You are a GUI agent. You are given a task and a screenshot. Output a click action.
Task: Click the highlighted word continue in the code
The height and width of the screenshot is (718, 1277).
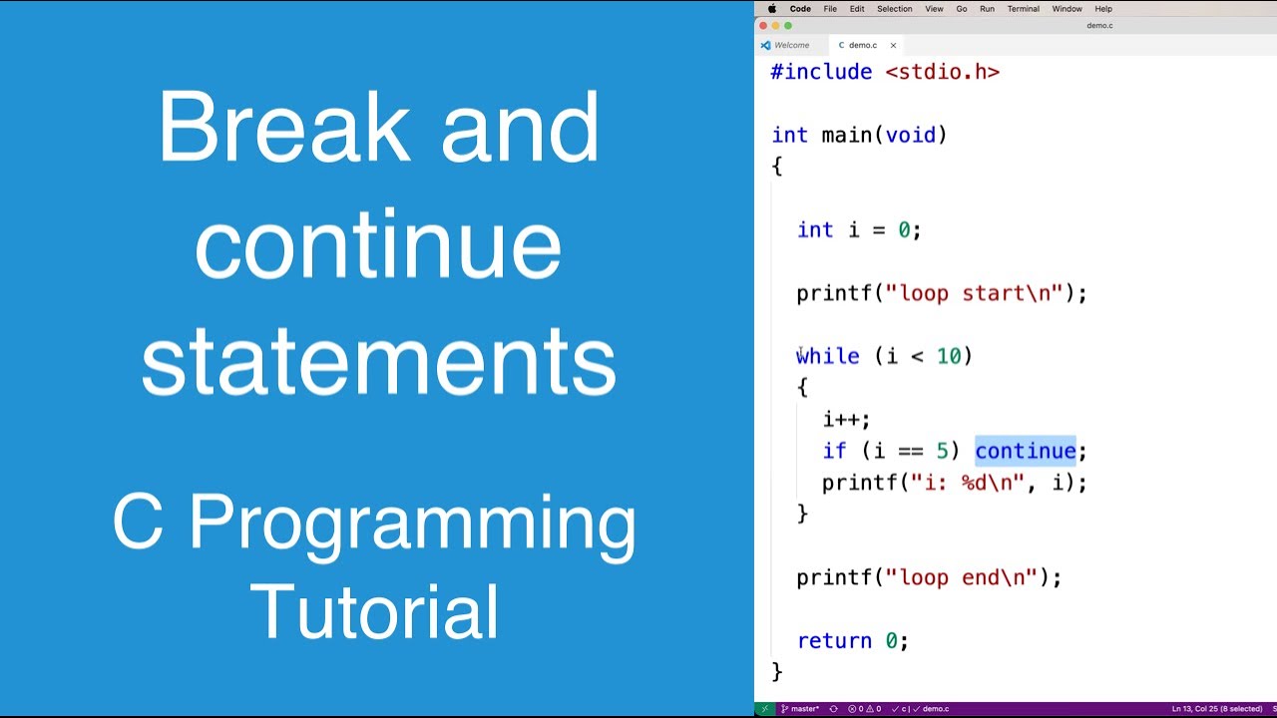coord(1025,451)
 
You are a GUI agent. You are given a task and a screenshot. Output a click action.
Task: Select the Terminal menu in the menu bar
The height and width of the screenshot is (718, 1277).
coord(1023,9)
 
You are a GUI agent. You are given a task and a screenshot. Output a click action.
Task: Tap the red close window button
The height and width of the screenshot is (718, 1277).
coord(763,26)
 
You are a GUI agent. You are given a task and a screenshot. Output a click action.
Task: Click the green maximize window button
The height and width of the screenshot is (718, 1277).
coord(788,26)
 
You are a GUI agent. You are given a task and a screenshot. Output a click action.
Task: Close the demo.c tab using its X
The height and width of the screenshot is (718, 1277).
coord(893,45)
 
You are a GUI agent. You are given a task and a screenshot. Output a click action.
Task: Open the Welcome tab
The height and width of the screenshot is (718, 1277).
coord(791,45)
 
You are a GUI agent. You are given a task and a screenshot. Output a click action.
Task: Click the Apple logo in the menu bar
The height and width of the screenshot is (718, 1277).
coord(772,9)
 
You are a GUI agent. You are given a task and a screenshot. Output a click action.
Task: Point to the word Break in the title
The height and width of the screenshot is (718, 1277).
coord(284,127)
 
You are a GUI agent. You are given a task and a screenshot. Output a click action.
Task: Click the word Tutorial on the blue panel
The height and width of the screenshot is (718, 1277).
coord(374,611)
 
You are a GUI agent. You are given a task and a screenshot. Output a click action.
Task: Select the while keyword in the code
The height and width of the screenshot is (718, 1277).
coord(828,356)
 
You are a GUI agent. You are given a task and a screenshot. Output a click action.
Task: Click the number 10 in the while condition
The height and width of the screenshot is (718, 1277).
coord(949,356)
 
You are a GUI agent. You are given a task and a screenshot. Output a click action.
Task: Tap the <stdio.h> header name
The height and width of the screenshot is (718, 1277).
coord(943,72)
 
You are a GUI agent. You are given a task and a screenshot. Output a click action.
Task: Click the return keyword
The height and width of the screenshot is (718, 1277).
coord(835,641)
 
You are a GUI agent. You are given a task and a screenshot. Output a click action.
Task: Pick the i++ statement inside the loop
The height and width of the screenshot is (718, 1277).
coord(847,420)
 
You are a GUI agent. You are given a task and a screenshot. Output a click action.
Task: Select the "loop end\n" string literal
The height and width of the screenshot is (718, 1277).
coord(961,577)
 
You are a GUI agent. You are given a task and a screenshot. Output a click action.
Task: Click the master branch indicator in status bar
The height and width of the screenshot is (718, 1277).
coord(800,709)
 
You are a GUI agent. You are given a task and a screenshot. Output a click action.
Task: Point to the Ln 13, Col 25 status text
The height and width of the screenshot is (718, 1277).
coord(1194,709)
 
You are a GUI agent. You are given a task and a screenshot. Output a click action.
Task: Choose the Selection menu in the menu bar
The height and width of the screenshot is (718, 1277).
coord(895,9)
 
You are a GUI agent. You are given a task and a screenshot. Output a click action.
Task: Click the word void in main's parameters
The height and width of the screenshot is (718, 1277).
coord(911,135)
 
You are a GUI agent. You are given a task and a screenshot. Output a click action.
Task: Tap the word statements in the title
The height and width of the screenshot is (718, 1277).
coord(379,361)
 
